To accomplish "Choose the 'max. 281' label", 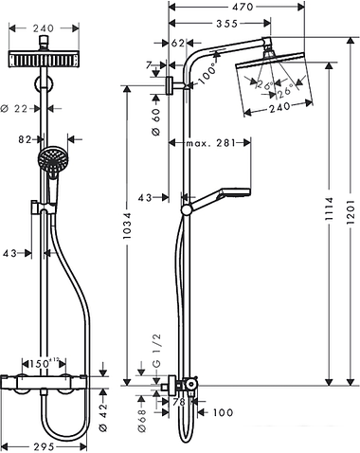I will tap(209, 144).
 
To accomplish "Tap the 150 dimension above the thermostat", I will tap(65, 363).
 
